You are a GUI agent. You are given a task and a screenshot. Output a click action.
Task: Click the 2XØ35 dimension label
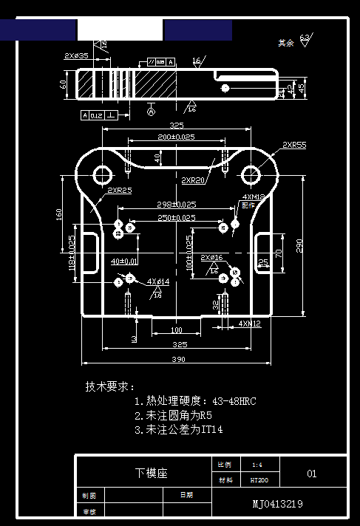click(x=76, y=55)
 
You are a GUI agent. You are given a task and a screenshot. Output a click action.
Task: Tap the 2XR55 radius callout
click(x=293, y=146)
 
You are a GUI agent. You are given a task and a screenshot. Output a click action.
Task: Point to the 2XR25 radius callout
click(x=119, y=191)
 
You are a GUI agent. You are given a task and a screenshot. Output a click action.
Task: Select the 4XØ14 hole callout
click(x=157, y=281)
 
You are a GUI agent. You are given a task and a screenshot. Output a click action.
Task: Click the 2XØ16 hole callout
click(x=211, y=258)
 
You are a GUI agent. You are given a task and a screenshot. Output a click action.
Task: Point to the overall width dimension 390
click(x=179, y=359)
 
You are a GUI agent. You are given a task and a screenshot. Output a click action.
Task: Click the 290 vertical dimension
click(x=299, y=246)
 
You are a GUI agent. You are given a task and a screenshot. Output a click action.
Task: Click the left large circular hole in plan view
click(x=101, y=175)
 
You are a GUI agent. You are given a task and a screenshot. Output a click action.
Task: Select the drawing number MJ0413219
click(x=277, y=504)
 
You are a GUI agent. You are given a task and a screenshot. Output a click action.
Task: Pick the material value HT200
click(x=259, y=479)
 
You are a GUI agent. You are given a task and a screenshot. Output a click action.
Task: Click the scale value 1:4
click(x=257, y=465)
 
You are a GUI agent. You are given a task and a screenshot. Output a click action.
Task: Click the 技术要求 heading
click(x=110, y=386)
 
